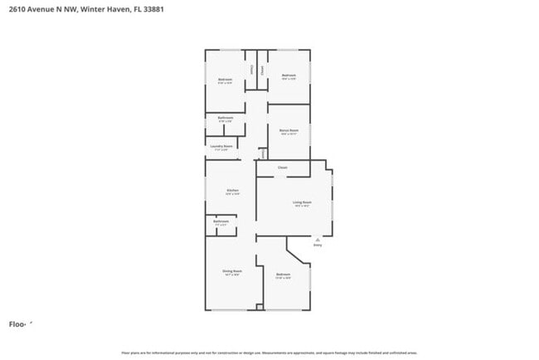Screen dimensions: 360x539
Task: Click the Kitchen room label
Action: pos(233,190)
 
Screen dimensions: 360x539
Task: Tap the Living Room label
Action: pos(302,202)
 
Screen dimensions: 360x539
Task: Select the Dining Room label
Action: pos(232,270)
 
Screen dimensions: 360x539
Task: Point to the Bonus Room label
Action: pos(289,130)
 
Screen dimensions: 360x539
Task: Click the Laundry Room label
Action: pos(221,146)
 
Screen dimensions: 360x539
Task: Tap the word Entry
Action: pos(317,245)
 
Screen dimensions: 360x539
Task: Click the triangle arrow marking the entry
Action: pos(317,239)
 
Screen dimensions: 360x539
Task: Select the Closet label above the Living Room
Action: pos(283,168)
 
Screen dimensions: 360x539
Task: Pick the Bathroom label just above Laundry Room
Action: pos(226,118)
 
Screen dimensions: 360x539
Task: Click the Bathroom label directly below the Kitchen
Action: pos(221,221)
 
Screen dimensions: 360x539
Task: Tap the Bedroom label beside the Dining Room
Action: pos(283,274)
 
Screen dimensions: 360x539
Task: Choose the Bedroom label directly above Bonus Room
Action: pos(289,75)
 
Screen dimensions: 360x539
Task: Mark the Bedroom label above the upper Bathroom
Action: pos(225,79)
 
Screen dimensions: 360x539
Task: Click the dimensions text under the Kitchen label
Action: pos(233,194)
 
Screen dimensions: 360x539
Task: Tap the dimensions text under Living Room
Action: pos(302,206)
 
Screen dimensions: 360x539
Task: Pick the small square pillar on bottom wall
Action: pos(260,308)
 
